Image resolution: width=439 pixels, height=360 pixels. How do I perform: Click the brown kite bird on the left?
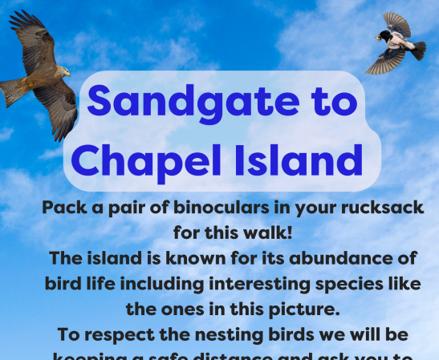[x=40, y=76]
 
